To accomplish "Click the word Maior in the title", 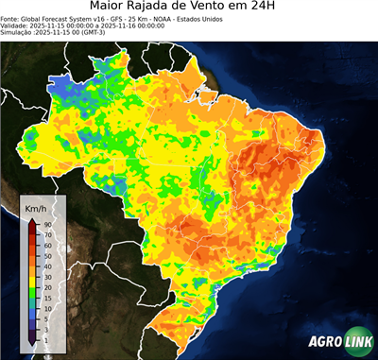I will point(110,8).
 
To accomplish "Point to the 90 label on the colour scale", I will point(46,224).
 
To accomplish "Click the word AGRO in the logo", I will point(323,343).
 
